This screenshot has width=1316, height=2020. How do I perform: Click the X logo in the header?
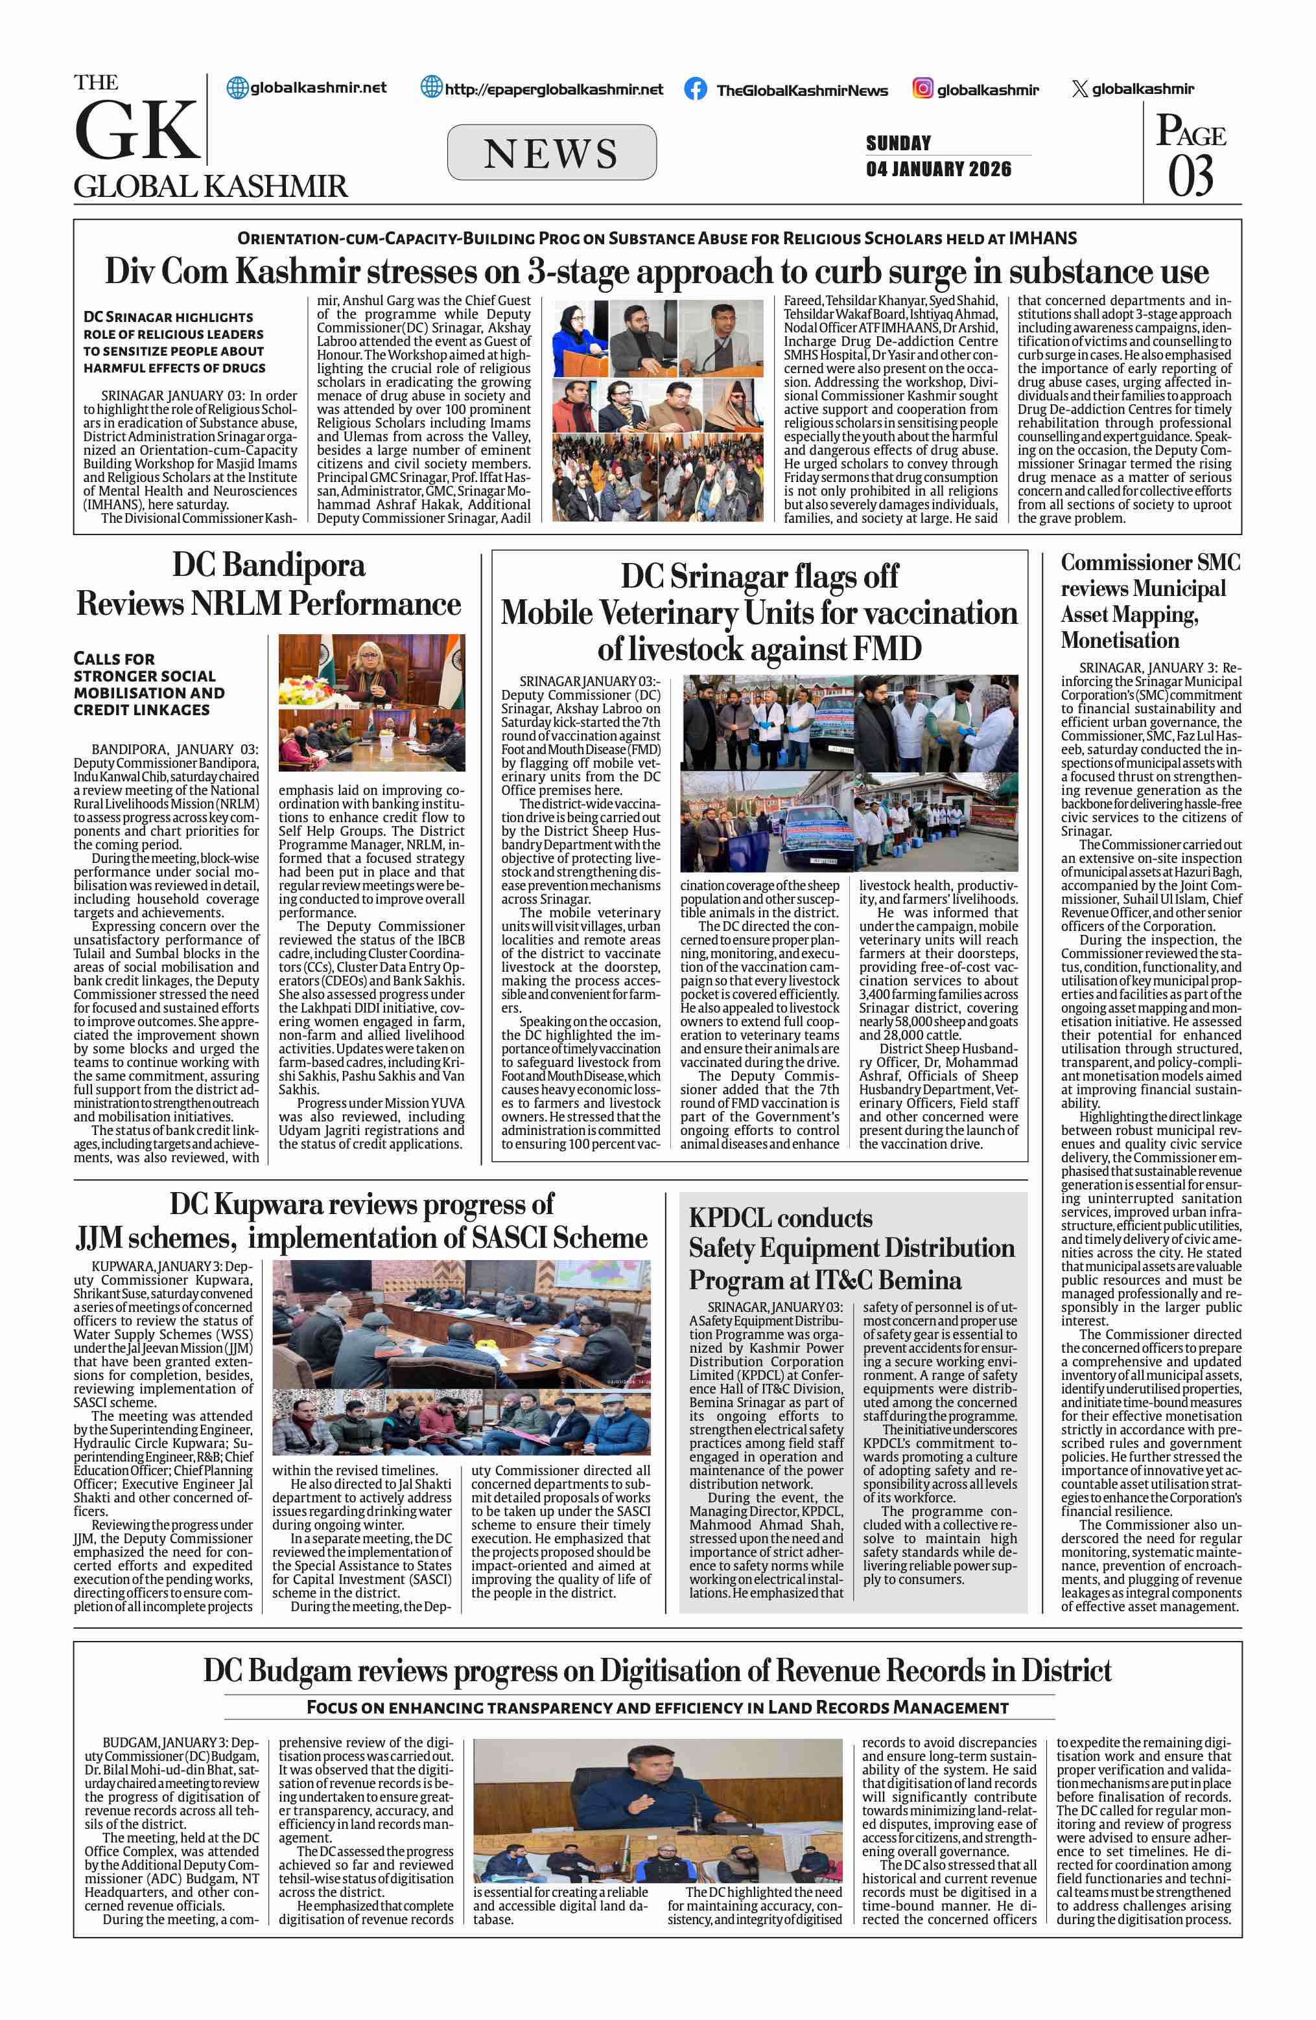tap(1079, 88)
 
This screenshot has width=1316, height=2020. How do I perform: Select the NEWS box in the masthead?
tap(551, 153)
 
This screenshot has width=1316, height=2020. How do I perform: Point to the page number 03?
tap(1190, 176)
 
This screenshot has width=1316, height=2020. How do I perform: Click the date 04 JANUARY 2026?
tap(938, 169)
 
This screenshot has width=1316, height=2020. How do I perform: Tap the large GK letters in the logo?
tap(137, 131)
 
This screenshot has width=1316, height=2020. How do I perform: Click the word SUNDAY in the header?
tap(899, 143)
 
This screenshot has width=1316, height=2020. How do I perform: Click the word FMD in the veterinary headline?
tap(886, 649)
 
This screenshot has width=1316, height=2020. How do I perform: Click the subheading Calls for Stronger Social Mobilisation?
tap(148, 684)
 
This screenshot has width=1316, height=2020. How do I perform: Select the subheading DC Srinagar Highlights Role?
tap(173, 342)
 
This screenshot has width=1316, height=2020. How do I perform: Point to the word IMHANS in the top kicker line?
tap(1042, 238)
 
